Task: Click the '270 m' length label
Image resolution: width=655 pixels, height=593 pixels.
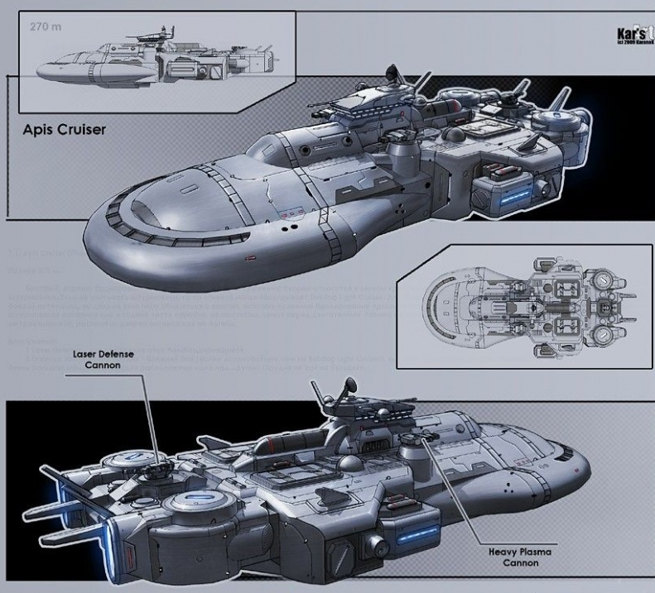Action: (46, 26)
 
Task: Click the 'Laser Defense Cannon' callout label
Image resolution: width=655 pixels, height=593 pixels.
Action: (103, 359)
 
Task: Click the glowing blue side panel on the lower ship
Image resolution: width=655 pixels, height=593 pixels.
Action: (418, 538)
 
